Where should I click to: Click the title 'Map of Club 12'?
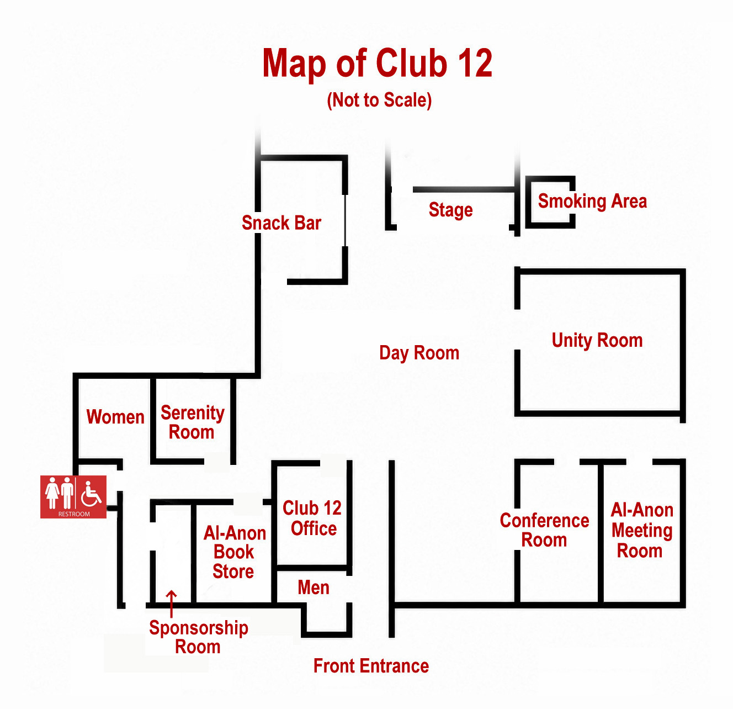point(377,64)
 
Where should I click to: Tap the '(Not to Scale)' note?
point(379,100)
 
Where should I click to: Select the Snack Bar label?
point(281,223)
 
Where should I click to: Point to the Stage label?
point(450,210)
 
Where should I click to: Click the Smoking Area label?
point(592,201)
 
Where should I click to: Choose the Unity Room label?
point(597,341)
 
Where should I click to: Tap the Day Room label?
point(419,353)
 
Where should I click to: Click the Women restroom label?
point(115,417)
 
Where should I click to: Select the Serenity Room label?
point(192,422)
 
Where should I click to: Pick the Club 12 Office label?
point(312,518)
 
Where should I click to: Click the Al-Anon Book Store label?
point(234,552)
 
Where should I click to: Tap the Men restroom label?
point(314,588)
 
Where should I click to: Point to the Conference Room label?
point(544,530)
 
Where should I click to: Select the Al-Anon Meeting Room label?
point(642,530)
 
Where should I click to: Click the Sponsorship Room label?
point(199,637)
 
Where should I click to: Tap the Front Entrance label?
point(371,666)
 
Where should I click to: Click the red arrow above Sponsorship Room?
point(172,604)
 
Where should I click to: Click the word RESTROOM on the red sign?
point(74,514)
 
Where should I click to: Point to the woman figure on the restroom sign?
point(52,493)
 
